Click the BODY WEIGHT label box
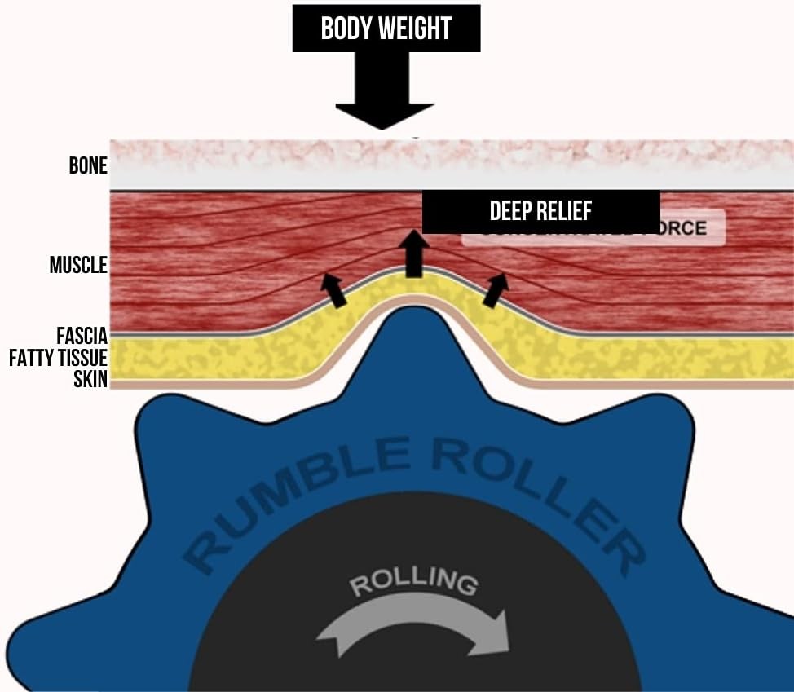pyautogui.click(x=386, y=29)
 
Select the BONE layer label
pyautogui.click(x=88, y=165)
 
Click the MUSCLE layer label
pyautogui.click(x=78, y=265)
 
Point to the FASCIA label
pyautogui.click(x=82, y=336)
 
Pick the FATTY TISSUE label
pyautogui.click(x=58, y=358)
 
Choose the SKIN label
pyautogui.click(x=90, y=379)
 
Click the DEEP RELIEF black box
pyautogui.click(x=540, y=211)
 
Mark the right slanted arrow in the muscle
pyautogui.click(x=496, y=290)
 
